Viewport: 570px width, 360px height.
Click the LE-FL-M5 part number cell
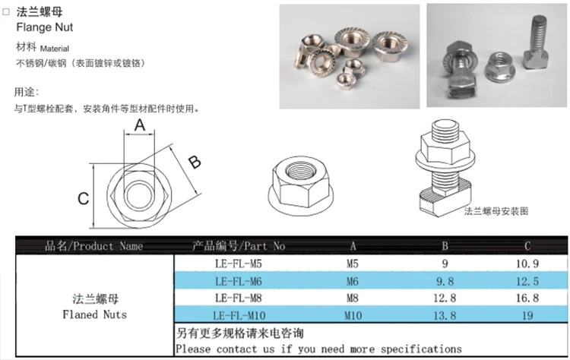(239, 264)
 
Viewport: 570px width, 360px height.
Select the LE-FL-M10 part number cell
(239, 314)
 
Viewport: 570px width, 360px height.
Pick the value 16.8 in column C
(526, 298)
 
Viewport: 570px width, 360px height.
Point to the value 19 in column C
(526, 314)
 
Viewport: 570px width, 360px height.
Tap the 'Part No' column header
(239, 246)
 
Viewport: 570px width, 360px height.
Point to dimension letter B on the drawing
(194, 161)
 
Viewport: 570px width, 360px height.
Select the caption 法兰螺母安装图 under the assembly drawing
(496, 210)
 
